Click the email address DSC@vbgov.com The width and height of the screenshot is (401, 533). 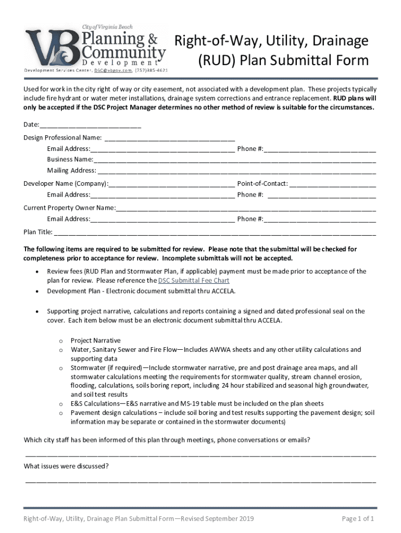112,69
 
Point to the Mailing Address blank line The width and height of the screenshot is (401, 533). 236,171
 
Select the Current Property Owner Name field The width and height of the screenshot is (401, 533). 246,208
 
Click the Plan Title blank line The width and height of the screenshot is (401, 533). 215,232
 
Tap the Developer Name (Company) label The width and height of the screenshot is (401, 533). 66,184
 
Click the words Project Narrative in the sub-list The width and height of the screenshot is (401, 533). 95,340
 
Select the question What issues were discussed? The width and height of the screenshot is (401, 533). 66,466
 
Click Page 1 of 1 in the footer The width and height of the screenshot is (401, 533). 358,518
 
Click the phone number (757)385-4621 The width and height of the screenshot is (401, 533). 152,69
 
